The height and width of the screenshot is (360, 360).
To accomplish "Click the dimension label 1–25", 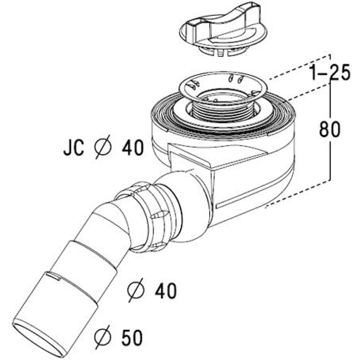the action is (330, 72).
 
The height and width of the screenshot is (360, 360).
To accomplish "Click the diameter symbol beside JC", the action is (103, 147).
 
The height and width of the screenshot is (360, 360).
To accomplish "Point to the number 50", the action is (132, 337).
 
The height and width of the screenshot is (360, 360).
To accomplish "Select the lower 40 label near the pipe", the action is (166, 290).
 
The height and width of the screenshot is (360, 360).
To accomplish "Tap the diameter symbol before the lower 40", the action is (136, 290).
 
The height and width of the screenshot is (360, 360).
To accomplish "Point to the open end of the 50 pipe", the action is (38, 339).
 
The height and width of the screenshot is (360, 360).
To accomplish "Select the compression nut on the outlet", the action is (149, 216).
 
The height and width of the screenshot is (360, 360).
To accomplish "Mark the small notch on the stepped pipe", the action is (53, 275).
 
